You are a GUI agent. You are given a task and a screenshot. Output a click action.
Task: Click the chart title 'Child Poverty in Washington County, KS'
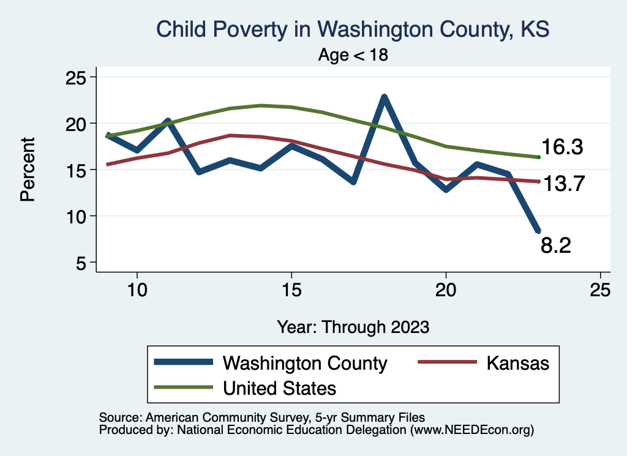click(353, 29)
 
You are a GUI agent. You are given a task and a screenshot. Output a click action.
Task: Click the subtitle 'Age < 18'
click(353, 55)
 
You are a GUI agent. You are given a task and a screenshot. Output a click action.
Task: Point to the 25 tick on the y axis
click(77, 77)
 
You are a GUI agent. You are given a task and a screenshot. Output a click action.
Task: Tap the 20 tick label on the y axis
click(77, 124)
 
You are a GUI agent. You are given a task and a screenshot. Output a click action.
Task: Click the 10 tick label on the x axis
click(137, 290)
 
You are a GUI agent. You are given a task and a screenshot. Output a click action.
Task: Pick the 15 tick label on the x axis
click(291, 290)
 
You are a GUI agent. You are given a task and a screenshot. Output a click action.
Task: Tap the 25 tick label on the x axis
click(600, 290)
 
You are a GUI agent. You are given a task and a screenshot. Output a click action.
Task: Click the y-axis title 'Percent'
click(27, 170)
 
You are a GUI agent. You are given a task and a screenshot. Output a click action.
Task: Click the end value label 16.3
click(561, 148)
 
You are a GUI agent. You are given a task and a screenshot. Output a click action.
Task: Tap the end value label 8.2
click(556, 245)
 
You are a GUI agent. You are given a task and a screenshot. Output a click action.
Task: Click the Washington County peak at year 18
click(384, 97)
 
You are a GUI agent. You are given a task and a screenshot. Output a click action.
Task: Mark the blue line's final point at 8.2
click(538, 231)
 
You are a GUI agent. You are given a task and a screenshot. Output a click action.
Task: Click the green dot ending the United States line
click(538, 157)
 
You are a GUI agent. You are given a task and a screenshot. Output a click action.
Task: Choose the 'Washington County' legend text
click(305, 363)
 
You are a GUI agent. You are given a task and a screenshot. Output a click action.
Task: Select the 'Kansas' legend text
click(518, 363)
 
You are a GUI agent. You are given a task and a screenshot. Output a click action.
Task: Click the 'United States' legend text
click(279, 387)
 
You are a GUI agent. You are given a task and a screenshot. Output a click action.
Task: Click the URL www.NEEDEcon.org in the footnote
click(471, 430)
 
